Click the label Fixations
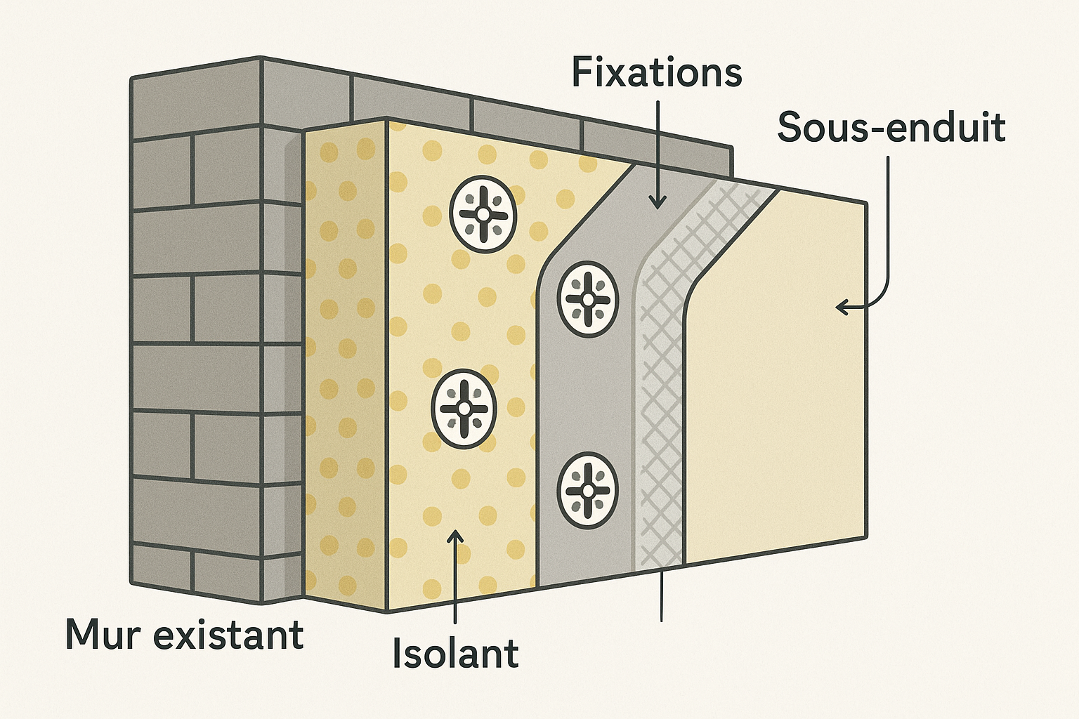(656, 73)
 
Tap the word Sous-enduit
(891, 128)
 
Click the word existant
(228, 634)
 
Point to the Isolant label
(455, 653)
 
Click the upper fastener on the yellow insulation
(483, 213)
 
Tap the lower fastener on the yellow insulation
(464, 408)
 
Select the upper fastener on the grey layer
(588, 299)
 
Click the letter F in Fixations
(582, 73)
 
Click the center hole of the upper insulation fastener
(483, 213)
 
